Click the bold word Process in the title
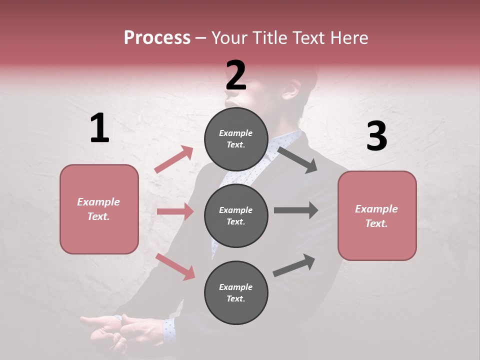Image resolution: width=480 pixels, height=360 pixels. point(157,38)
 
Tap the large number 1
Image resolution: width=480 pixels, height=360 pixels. point(99,128)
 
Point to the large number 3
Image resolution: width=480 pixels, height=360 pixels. point(376,136)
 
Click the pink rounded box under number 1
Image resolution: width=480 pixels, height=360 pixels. point(99,209)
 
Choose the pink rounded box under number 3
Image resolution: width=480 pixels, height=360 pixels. point(377,215)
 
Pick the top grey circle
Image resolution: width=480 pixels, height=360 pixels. point(236,139)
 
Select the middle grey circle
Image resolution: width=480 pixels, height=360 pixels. point(236,215)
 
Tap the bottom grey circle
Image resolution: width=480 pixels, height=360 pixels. point(236,292)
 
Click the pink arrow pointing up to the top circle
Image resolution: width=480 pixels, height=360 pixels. point(173,159)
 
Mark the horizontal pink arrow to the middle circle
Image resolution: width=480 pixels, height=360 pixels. point(175,211)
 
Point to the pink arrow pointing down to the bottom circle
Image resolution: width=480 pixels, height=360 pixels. point(175,266)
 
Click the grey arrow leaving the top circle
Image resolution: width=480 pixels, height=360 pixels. point(297,159)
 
